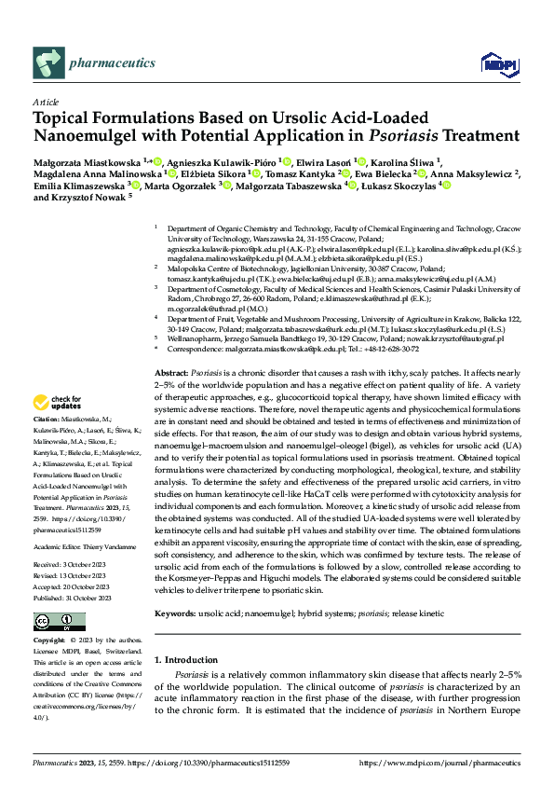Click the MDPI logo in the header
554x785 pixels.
(493, 63)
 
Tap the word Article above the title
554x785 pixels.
(45, 102)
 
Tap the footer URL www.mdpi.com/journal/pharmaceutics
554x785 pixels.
(440, 763)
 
